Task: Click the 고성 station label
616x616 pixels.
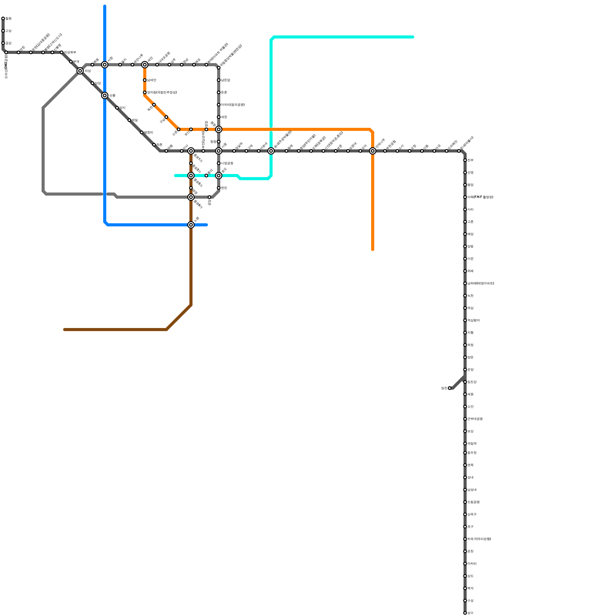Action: click(x=8, y=31)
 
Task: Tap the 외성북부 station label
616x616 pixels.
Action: click(x=70, y=52)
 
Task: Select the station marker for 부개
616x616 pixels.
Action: click(x=71, y=62)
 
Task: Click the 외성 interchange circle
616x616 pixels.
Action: click(x=80, y=71)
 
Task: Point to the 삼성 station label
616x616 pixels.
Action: click(x=97, y=83)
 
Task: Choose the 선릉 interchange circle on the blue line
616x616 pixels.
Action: click(x=105, y=95)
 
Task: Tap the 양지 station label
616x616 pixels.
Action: click(x=122, y=108)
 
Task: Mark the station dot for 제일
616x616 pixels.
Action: click(x=129, y=120)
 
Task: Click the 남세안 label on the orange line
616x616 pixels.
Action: click(x=151, y=80)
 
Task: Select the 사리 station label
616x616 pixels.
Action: click(x=470, y=209)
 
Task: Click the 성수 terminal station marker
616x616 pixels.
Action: click(x=465, y=613)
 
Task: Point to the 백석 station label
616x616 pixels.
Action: click(x=470, y=588)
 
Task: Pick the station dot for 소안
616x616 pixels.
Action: click(x=465, y=407)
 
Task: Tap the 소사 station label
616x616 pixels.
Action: click(x=401, y=147)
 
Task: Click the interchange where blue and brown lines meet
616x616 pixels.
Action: click(x=191, y=225)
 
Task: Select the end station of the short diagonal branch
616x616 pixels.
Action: click(x=450, y=388)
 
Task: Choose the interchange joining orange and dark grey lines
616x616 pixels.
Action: click(x=373, y=151)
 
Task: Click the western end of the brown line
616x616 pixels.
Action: click(x=65, y=330)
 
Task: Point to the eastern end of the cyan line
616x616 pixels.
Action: click(x=413, y=37)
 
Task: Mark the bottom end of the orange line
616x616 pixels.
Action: click(x=373, y=250)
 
